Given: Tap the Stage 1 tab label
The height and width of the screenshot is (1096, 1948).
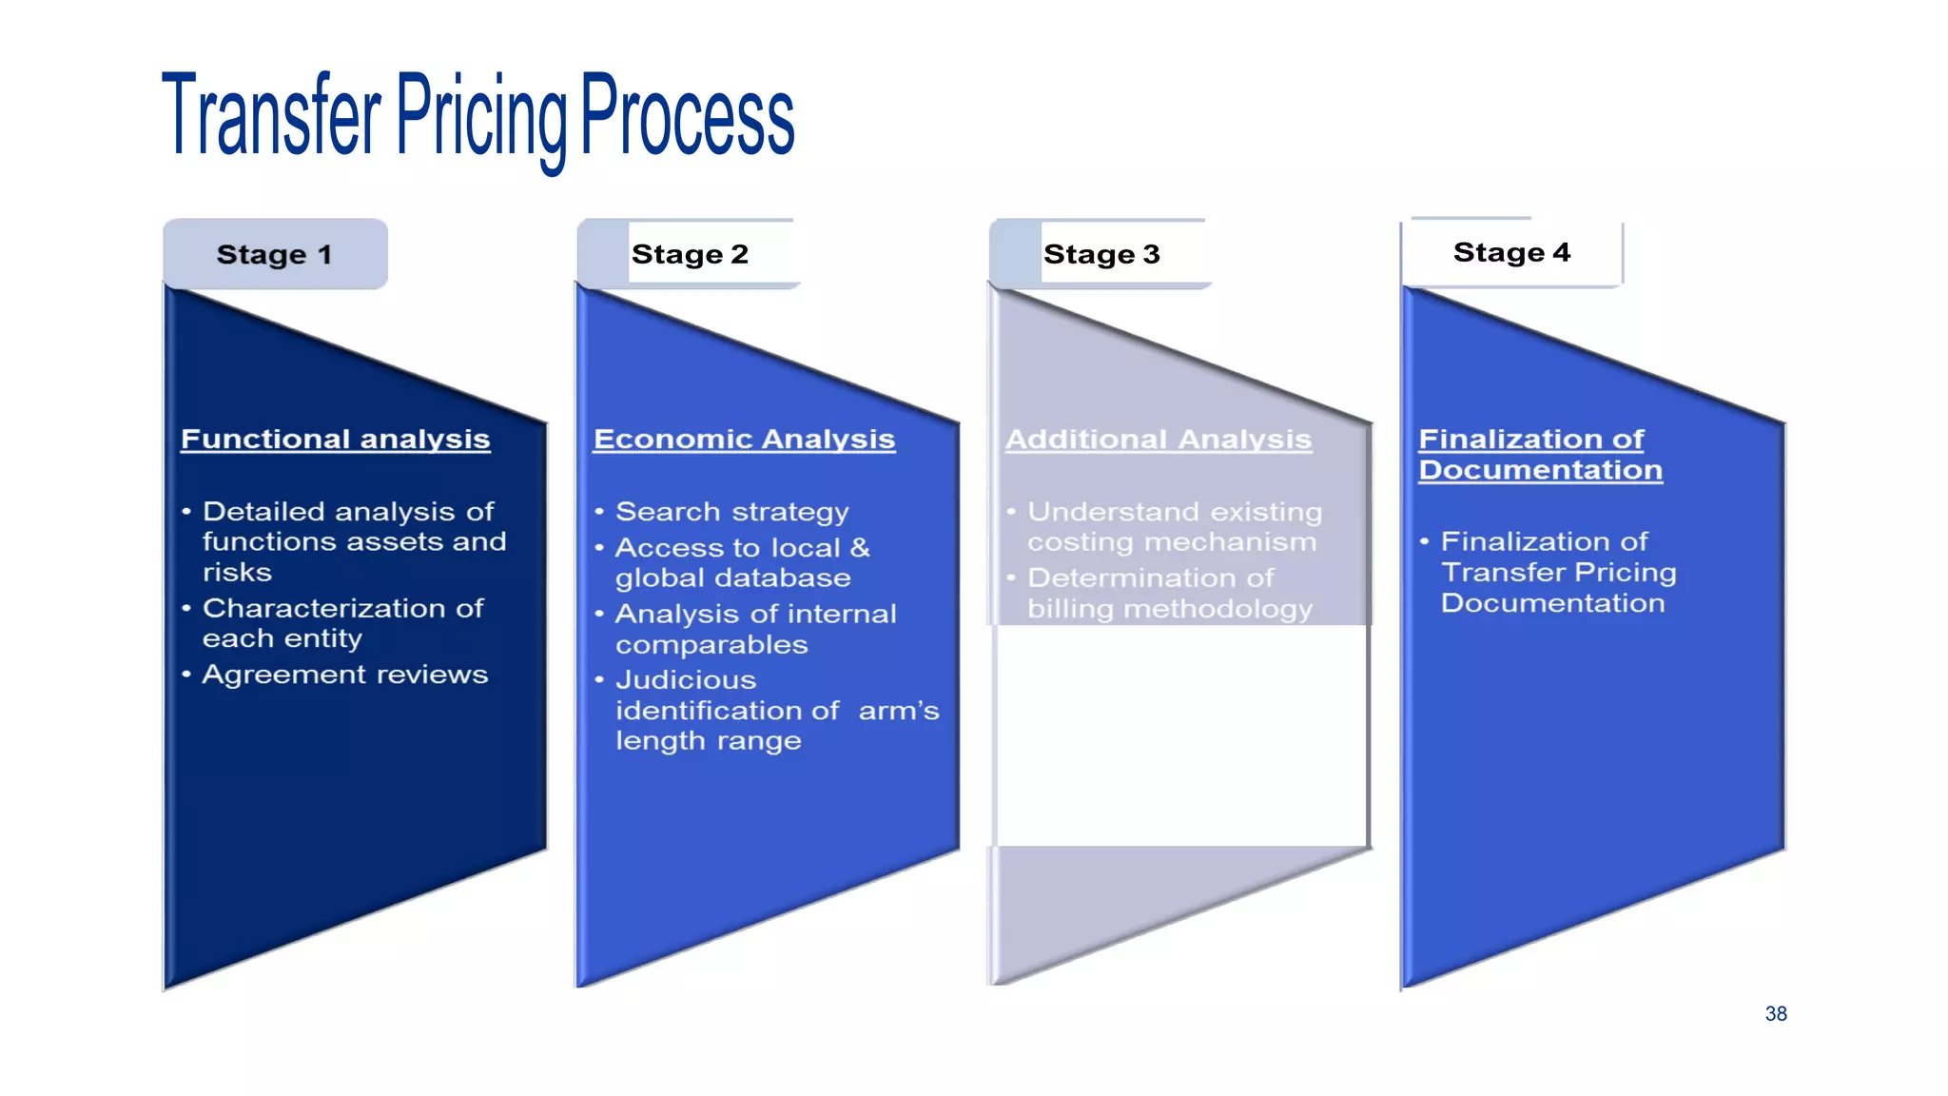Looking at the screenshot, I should coord(274,255).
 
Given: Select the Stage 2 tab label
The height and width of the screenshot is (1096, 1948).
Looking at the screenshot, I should coord(690,255).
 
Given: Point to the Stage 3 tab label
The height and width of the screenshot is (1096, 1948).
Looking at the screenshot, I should coord(1101,255).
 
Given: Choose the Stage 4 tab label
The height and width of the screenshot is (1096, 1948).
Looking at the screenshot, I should coord(1511,253).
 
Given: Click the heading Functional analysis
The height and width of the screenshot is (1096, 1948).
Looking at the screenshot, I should coord(335,440).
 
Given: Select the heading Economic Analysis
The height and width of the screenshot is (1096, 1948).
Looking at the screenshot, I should coord(744,440).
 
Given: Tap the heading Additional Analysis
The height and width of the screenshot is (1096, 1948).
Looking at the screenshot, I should coord(1158,440).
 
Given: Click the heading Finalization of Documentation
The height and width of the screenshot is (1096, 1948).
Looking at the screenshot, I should coord(1539,455).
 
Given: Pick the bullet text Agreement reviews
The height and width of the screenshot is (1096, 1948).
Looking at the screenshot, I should coord(344,675).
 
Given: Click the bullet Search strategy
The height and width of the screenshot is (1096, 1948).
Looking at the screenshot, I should coord(731,512).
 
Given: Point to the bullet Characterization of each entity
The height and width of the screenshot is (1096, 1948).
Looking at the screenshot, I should coord(342,623).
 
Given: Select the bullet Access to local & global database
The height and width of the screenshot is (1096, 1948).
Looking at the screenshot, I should coord(741,563).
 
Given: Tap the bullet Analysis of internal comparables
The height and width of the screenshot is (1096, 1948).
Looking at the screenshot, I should coord(755,629).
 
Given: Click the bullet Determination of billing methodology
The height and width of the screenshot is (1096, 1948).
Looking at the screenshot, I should coord(1168,593).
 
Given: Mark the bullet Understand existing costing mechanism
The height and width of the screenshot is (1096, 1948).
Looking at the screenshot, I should coord(1174,527).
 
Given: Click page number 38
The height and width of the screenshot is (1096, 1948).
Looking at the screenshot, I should coord(1775,1014).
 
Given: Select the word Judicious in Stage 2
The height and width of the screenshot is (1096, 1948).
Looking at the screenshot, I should coord(685,680).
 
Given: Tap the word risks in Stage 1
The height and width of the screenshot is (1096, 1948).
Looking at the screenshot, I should coord(237,573).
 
